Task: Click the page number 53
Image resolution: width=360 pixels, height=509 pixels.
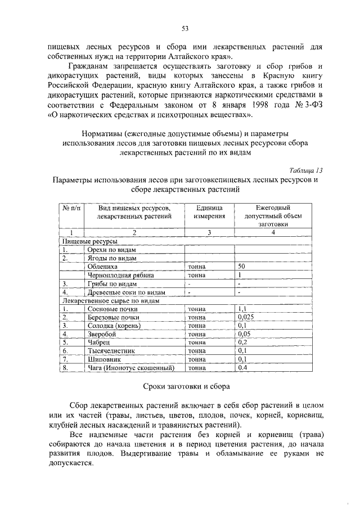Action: (184, 29)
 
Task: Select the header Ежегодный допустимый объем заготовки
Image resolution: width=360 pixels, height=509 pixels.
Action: (274, 215)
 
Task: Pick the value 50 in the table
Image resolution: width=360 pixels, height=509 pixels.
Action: (242, 267)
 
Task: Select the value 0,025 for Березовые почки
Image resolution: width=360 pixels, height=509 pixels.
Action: (246, 317)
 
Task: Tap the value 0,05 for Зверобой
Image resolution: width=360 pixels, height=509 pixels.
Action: (245, 334)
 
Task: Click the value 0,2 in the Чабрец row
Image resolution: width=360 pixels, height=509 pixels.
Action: (243, 343)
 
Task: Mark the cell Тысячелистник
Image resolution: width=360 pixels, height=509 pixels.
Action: (110, 351)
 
